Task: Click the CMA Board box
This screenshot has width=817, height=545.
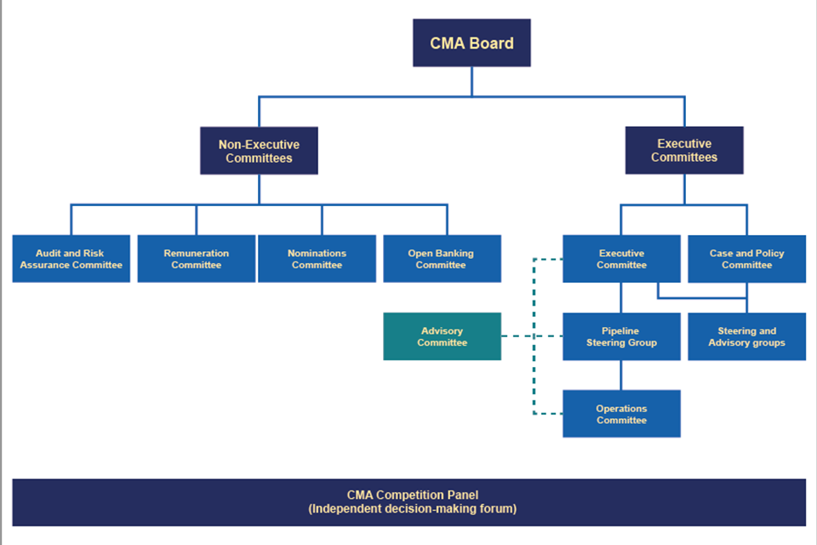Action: tap(471, 43)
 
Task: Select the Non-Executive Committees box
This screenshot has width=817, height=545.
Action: tap(259, 151)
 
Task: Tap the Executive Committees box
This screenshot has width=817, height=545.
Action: tap(684, 151)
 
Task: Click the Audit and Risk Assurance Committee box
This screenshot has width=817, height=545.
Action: tap(71, 259)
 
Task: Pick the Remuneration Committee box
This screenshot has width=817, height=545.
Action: tap(196, 259)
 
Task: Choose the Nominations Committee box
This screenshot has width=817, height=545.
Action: tap(317, 259)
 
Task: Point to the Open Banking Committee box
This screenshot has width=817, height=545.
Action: tap(442, 259)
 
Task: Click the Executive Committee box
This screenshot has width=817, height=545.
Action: tap(621, 259)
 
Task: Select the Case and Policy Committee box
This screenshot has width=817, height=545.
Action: tap(746, 259)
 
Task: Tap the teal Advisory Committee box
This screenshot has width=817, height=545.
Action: tap(442, 336)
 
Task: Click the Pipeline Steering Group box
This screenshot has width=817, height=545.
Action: tap(621, 336)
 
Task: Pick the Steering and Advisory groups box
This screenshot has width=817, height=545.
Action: tap(746, 336)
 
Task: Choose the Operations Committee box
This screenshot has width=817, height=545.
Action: tap(621, 414)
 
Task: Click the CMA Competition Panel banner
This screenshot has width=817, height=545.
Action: tap(408, 502)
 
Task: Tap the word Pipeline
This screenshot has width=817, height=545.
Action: tap(621, 330)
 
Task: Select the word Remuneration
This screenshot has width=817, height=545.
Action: tap(196, 253)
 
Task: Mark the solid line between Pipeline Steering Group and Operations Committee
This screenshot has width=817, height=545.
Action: tap(621, 375)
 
